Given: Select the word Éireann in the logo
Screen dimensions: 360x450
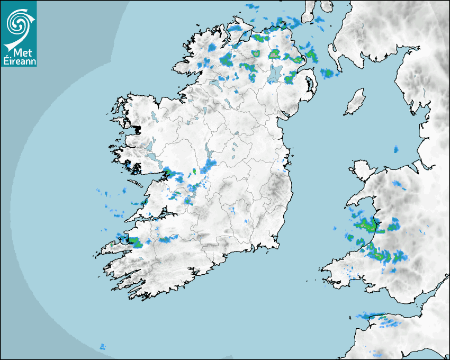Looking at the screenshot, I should pyautogui.click(x=20, y=61).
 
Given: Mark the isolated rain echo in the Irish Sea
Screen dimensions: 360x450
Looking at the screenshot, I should pyautogui.click(x=395, y=150).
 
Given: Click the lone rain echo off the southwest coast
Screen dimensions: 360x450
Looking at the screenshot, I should pyautogui.click(x=102, y=347).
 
